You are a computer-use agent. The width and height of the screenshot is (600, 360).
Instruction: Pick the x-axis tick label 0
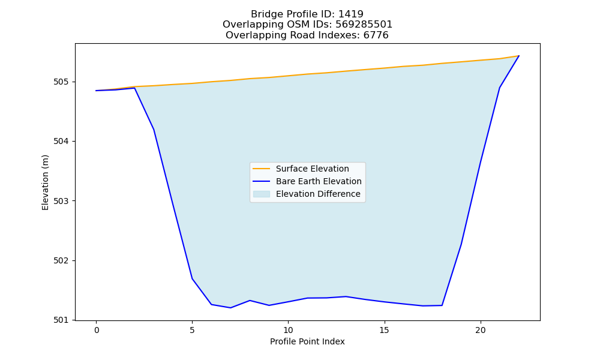(x=96, y=330)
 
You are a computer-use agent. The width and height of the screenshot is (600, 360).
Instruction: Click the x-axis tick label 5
(x=192, y=330)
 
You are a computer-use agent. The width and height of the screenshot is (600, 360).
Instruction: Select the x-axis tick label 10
(x=288, y=330)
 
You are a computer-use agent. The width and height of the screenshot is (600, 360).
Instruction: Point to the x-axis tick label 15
(x=384, y=330)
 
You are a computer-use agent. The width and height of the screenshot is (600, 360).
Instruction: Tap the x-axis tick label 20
(x=480, y=330)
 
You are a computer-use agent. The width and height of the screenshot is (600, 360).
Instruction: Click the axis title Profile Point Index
(x=307, y=341)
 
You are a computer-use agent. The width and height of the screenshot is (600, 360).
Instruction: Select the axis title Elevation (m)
(x=46, y=182)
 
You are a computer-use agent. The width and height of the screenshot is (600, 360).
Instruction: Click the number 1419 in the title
(x=351, y=14)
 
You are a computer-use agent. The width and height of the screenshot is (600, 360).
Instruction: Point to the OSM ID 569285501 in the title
(x=364, y=25)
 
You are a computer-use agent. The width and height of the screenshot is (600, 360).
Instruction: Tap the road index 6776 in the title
(x=376, y=35)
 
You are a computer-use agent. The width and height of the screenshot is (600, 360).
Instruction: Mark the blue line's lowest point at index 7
(x=230, y=308)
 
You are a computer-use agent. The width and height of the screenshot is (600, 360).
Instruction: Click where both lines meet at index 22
(x=519, y=56)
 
